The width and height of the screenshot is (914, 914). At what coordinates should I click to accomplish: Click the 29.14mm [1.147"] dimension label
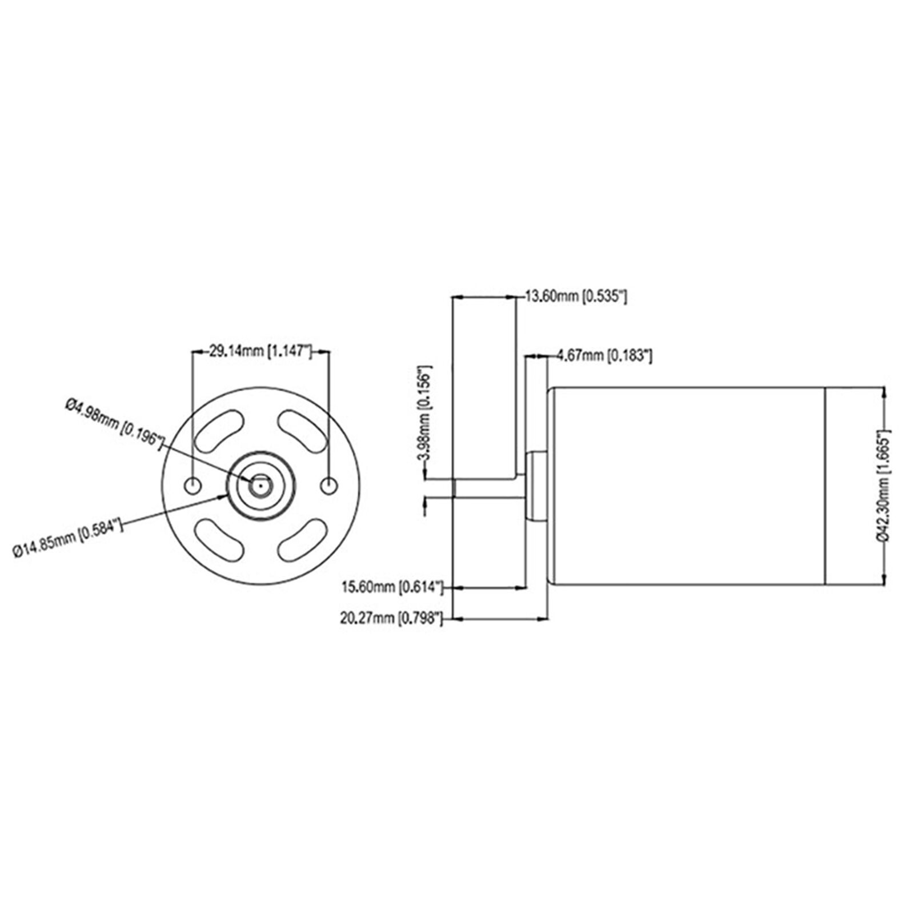260,351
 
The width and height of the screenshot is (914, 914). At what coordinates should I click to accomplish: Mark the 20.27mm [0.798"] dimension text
391,618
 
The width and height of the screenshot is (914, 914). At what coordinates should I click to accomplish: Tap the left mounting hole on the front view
193,486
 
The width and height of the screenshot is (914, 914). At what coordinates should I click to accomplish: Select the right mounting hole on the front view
328,486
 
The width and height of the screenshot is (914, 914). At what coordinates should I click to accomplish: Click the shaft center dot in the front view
260,486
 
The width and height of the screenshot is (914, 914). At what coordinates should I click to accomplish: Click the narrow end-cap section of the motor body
854,486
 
